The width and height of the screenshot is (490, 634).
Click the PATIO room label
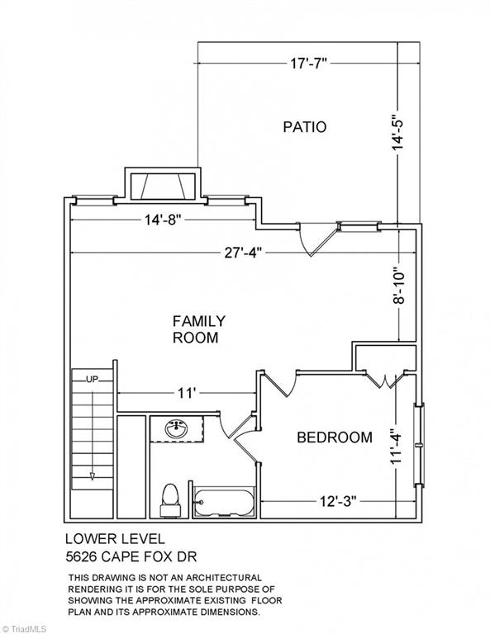[x=305, y=127]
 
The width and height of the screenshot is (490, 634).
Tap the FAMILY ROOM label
[x=198, y=329]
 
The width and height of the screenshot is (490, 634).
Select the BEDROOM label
[x=335, y=438]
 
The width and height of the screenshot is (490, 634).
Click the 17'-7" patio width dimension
[x=308, y=64]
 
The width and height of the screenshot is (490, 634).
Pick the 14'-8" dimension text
[x=162, y=220]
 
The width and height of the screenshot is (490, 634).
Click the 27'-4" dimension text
[x=243, y=253]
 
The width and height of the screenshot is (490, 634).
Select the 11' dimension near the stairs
[x=187, y=393]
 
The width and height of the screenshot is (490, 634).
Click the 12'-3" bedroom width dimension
[x=338, y=501]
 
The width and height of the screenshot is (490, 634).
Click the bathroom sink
[x=176, y=429]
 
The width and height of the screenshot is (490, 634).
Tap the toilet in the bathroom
[x=170, y=500]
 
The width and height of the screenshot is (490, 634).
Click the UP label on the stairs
[x=93, y=380]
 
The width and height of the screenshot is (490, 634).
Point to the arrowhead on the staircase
[x=93, y=476]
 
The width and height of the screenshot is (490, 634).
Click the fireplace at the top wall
[x=162, y=186]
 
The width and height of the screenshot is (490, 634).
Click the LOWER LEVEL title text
[x=116, y=539]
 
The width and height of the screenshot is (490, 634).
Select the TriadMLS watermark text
[x=25, y=629]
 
